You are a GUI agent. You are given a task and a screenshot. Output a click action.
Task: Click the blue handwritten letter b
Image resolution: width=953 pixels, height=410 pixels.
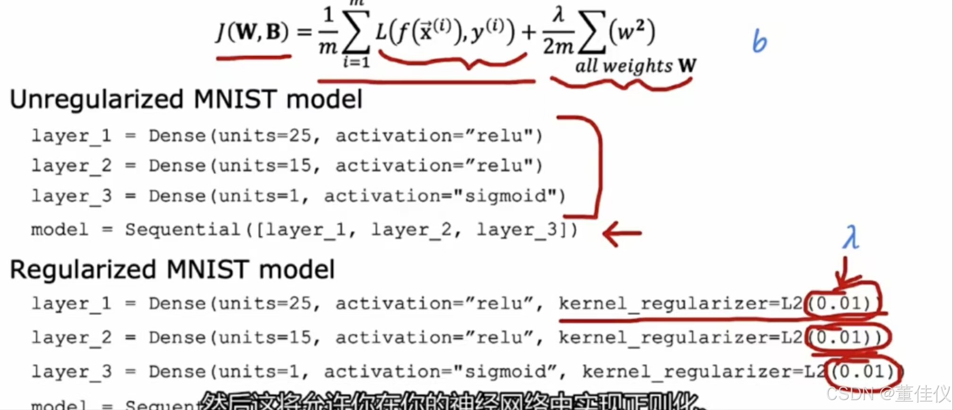759,41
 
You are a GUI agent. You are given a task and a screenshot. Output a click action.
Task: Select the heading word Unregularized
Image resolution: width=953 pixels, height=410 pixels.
96,100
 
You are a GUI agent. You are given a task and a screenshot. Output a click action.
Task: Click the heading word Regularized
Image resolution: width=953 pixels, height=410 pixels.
83,270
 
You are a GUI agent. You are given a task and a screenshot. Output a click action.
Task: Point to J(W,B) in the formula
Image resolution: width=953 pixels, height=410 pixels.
252,33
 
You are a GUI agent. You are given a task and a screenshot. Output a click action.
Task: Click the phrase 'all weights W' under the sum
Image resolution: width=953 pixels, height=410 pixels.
635,66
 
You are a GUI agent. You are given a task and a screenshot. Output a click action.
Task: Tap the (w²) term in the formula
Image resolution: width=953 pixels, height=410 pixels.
632,32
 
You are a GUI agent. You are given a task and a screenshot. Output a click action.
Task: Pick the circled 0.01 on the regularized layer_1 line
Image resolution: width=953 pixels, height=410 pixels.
843,303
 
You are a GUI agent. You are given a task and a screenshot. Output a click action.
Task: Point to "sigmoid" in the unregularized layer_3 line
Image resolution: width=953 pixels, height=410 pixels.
505,196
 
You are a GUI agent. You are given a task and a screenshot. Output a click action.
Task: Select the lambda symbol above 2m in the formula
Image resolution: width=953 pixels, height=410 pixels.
558,14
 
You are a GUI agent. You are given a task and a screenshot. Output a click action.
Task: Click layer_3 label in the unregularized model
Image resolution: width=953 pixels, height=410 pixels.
71,196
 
